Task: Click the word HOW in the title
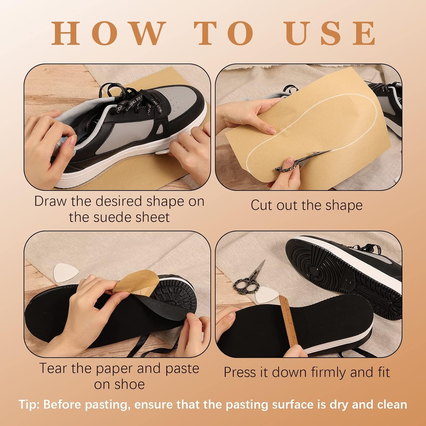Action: click(x=109, y=33)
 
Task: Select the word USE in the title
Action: click(x=331, y=33)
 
